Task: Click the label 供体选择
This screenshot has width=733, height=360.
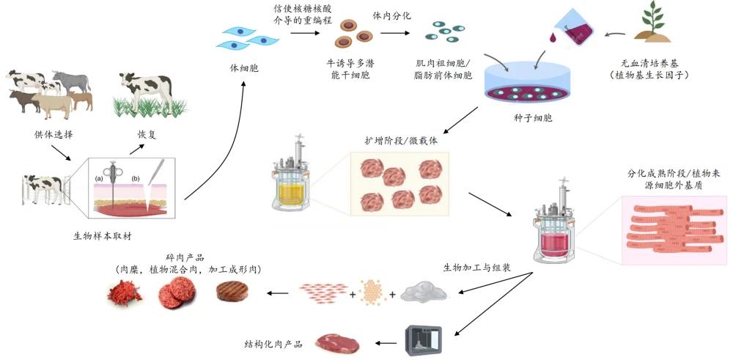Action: coord(54,135)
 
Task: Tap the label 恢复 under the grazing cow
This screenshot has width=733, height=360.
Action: coord(147,135)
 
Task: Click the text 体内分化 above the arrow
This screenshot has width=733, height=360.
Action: coord(392,15)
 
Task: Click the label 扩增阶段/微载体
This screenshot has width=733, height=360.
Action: coord(401,139)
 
